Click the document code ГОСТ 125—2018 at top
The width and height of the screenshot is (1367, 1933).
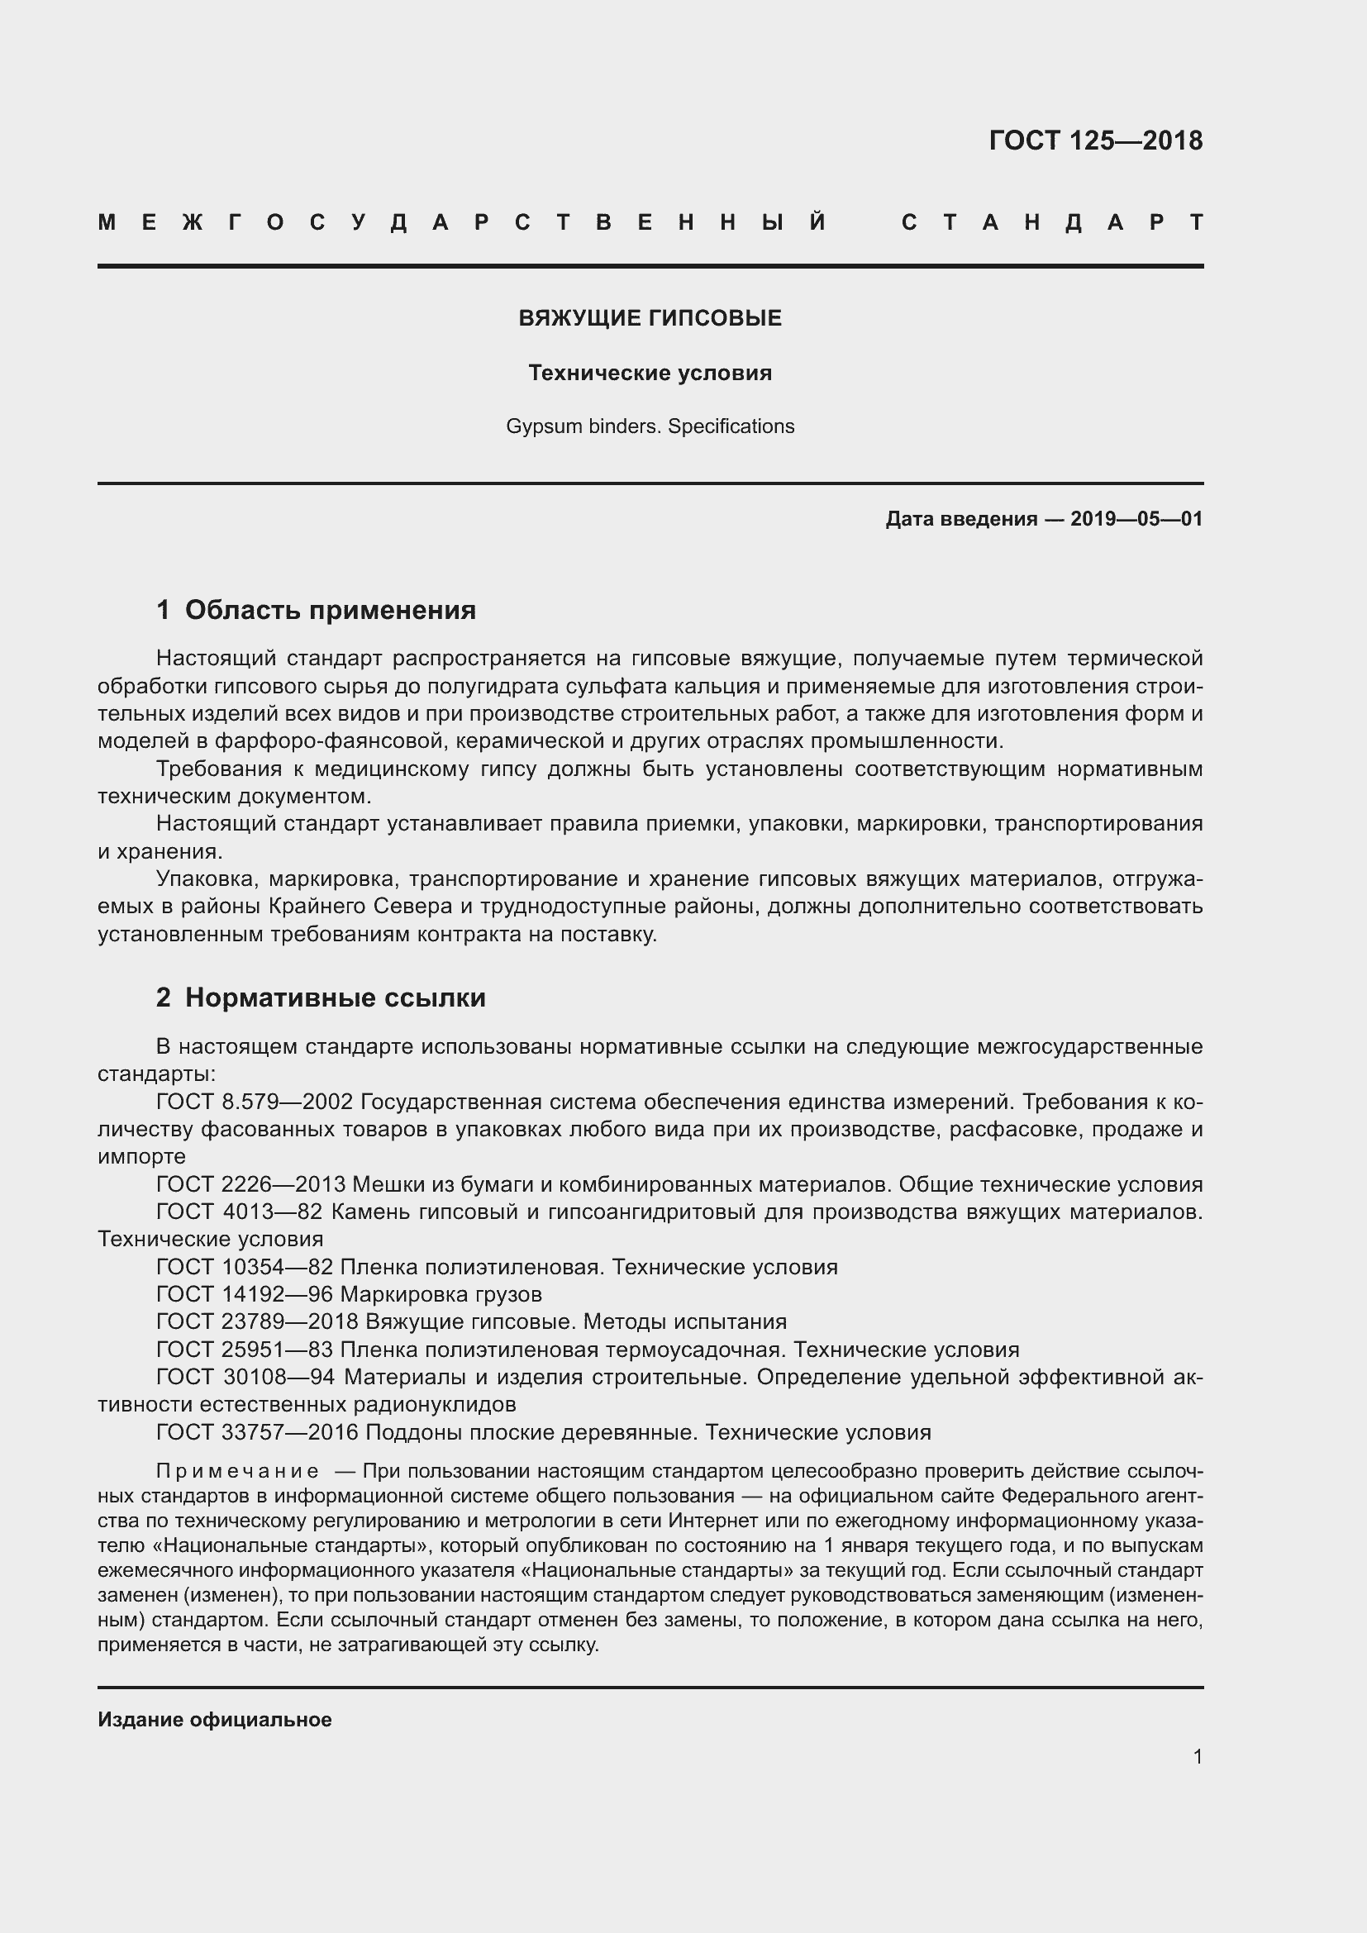[1095, 140]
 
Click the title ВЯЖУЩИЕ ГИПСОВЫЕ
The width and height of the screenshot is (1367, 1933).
[650, 318]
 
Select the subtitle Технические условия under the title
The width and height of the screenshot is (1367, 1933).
[650, 373]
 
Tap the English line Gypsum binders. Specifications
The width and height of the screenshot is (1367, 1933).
[650, 426]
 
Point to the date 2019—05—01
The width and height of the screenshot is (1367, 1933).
[1136, 520]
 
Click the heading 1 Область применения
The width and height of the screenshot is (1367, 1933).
[317, 611]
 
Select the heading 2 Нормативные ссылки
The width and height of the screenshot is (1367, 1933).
[321, 998]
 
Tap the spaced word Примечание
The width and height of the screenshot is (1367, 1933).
[237, 1472]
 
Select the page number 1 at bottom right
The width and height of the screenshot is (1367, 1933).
[1197, 1757]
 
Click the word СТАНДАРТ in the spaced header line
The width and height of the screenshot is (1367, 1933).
[1052, 223]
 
